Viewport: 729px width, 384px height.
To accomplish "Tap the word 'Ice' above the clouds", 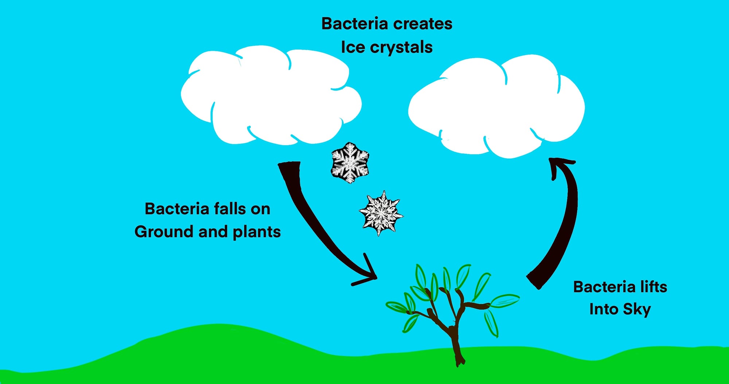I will tap(352, 47).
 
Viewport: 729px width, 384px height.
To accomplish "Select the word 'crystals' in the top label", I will tap(401, 47).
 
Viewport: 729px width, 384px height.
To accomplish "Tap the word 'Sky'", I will tap(637, 310).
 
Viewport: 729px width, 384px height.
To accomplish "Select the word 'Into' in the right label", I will tap(603, 309).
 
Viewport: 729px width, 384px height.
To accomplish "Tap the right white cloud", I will tap(496, 108).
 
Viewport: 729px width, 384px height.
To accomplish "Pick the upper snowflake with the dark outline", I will tap(350, 162).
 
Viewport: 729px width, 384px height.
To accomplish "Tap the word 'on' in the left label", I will tap(260, 209).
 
